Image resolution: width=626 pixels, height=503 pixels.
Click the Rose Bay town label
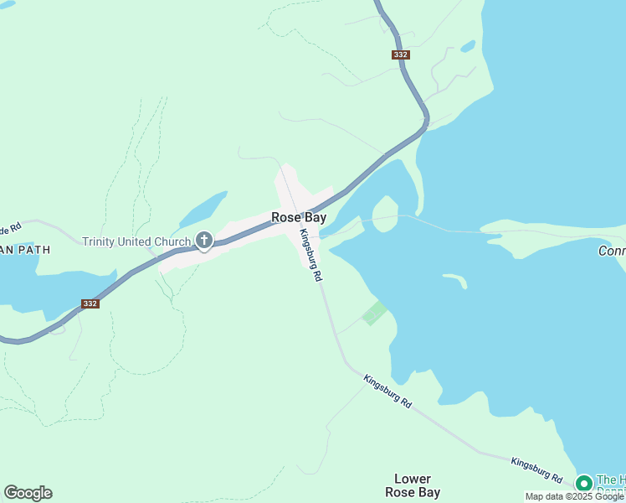[x=299, y=217]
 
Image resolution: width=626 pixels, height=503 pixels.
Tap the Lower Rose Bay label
[x=413, y=485]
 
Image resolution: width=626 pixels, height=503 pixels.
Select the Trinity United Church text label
[x=136, y=242]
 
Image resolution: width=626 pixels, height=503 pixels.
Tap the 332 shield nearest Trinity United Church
[x=90, y=303]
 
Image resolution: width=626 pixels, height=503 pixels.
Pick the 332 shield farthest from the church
[x=400, y=55]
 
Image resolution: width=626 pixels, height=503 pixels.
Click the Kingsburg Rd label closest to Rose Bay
[x=310, y=255]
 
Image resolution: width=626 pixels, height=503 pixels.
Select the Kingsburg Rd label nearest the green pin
[x=536, y=469]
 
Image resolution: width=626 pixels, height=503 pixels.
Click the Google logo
[x=28, y=493]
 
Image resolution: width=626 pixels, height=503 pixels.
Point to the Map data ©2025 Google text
[x=574, y=496]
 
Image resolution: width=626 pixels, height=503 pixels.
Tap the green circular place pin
[x=583, y=484]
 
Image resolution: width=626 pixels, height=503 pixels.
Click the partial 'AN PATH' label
[x=25, y=250]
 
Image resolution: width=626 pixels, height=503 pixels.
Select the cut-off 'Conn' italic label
[x=612, y=251]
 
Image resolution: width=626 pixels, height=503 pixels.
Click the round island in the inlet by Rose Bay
[x=385, y=211]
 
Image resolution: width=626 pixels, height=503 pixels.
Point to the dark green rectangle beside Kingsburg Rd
[x=374, y=314]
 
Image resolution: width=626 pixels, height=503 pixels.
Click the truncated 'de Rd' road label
[x=10, y=229]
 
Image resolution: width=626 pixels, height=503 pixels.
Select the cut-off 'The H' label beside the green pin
[x=610, y=480]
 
